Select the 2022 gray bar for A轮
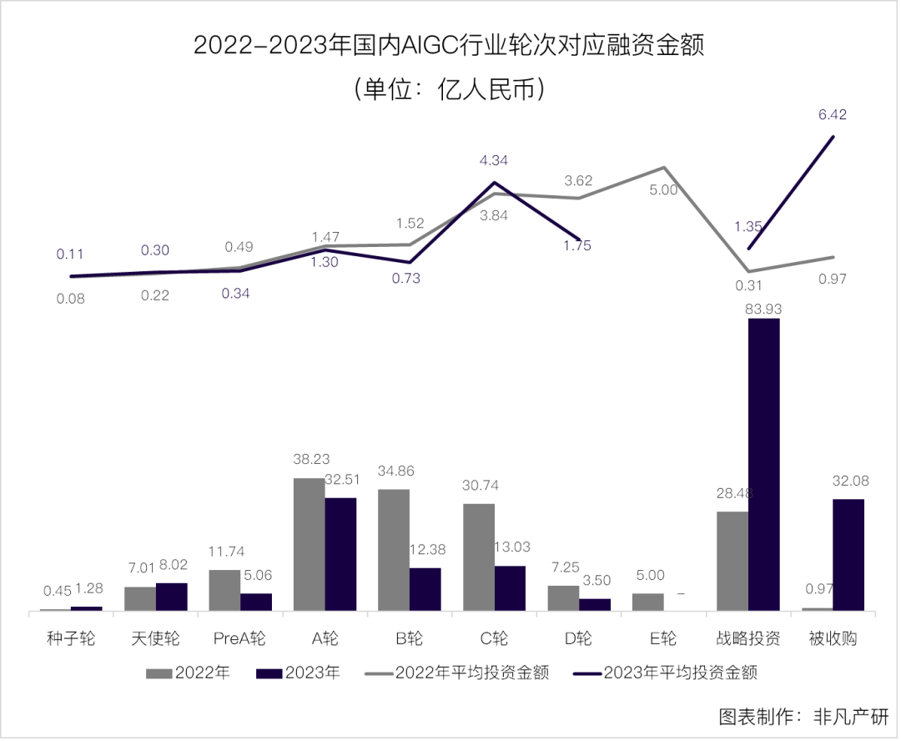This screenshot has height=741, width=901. tap(309, 544)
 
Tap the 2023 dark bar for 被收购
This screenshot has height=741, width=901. tap(848, 555)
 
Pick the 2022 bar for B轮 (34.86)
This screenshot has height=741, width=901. tap(394, 550)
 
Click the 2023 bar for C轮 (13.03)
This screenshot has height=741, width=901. tap(510, 588)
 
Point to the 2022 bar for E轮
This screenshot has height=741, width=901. tap(648, 602)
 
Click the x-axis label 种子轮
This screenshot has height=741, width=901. tap(71, 639)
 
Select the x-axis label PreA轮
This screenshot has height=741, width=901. tap(239, 639)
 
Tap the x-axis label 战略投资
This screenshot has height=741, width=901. tap(747, 639)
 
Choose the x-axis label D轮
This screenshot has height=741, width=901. tap(578, 639)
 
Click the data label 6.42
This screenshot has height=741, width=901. tap(832, 115)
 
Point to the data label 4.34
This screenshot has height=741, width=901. tap(493, 160)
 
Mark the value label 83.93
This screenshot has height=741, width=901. tap(764, 308)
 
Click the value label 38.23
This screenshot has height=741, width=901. tap(309, 458)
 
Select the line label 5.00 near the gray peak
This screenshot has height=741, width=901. tap(663, 190)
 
